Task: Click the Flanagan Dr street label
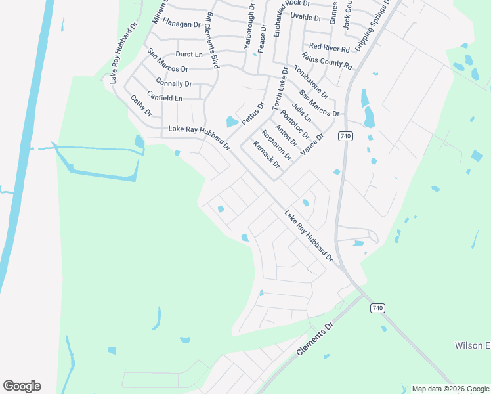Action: pyautogui.click(x=181, y=24)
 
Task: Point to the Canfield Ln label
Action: pyautogui.click(x=163, y=98)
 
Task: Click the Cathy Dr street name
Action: pyautogui.click(x=140, y=105)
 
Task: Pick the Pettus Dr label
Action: pyautogui.click(x=253, y=113)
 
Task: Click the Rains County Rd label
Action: pyautogui.click(x=327, y=62)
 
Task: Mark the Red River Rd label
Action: pyautogui.click(x=329, y=47)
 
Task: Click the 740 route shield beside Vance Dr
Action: pyautogui.click(x=346, y=136)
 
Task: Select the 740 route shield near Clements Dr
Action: pyautogui.click(x=376, y=308)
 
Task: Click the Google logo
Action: pyautogui.click(x=22, y=386)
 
